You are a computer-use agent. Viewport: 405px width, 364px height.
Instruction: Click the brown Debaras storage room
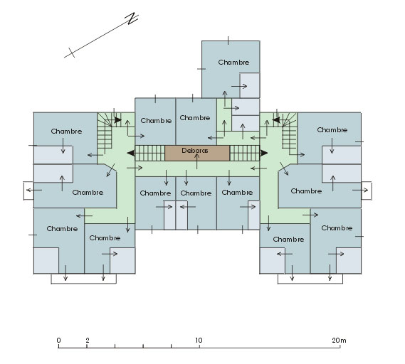197,154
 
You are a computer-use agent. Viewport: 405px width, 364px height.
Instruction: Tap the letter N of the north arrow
132,18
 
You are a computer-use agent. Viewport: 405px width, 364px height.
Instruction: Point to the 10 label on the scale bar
199,341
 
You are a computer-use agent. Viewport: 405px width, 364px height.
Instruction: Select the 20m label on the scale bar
339,341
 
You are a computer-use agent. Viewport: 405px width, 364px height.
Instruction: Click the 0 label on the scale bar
58,341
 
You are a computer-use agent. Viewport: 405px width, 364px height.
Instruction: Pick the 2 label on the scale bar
88,341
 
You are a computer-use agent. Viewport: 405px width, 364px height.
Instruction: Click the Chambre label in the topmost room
233,62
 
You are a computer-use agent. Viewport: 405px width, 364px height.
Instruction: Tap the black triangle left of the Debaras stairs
131,153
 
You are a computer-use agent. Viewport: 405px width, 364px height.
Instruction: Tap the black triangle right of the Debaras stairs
264,153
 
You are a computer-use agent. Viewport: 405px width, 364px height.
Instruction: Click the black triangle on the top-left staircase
117,120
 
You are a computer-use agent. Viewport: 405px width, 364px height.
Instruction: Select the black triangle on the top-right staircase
276,120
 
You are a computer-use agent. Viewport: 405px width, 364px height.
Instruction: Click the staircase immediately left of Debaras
150,154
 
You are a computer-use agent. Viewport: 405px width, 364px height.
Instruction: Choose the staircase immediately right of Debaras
245,154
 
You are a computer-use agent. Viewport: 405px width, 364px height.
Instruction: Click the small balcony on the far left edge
28,191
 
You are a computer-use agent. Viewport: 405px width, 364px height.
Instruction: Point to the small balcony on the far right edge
367,191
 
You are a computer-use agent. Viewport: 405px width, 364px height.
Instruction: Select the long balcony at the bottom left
84,279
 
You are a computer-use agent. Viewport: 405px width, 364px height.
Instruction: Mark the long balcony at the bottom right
310,279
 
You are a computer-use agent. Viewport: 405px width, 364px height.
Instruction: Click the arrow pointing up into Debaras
197,161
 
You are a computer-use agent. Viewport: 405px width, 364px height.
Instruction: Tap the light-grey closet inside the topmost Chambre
250,85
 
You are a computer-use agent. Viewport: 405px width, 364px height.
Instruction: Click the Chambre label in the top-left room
66,131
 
